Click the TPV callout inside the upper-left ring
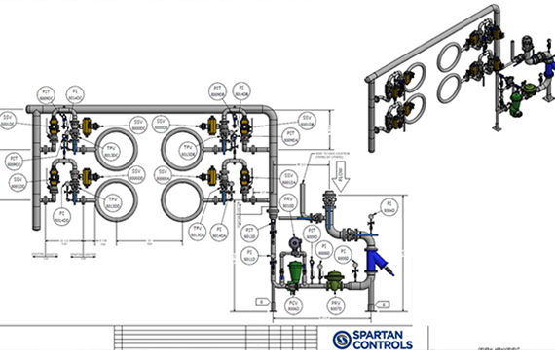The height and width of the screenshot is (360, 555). (x=112, y=152)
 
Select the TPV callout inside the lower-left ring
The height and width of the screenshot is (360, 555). (x=112, y=201)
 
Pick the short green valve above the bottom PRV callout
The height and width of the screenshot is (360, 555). (x=334, y=280)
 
